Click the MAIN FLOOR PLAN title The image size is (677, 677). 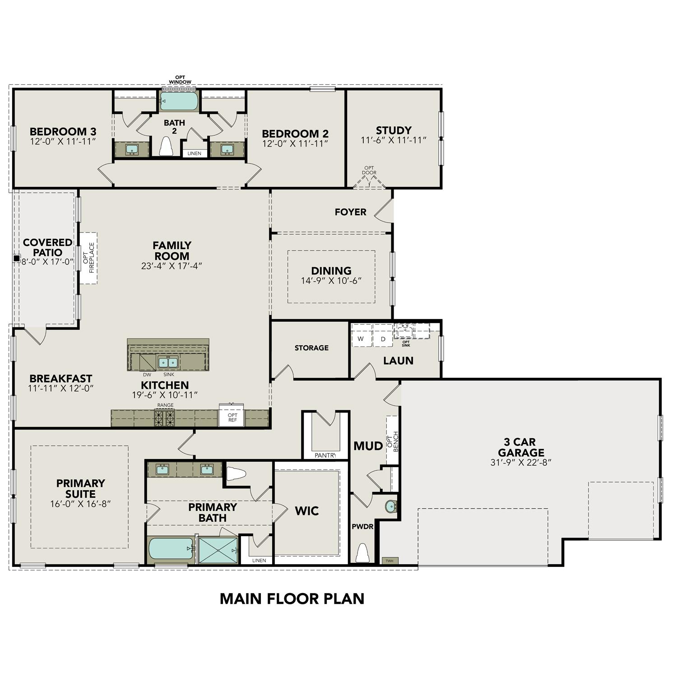click(x=292, y=598)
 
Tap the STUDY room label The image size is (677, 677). click(x=394, y=130)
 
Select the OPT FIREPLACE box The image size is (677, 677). click(x=88, y=258)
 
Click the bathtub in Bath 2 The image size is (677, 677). click(x=179, y=101)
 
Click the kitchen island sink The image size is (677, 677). click(x=168, y=362)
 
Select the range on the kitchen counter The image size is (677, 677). click(x=165, y=418)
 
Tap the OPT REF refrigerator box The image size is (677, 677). click(x=232, y=417)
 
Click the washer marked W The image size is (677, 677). click(x=361, y=338)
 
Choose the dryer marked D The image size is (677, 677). click(x=383, y=338)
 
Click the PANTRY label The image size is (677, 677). click(x=325, y=455)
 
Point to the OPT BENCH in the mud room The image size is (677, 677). click(x=393, y=440)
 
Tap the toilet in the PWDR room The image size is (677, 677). click(x=362, y=553)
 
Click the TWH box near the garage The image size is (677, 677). click(x=390, y=561)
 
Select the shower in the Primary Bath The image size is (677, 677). click(x=218, y=550)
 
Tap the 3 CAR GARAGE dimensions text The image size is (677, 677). click(x=521, y=462)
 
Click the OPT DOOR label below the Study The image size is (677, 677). click(x=369, y=170)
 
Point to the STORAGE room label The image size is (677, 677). click(x=311, y=348)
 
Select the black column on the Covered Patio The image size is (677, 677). click(x=17, y=259)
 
